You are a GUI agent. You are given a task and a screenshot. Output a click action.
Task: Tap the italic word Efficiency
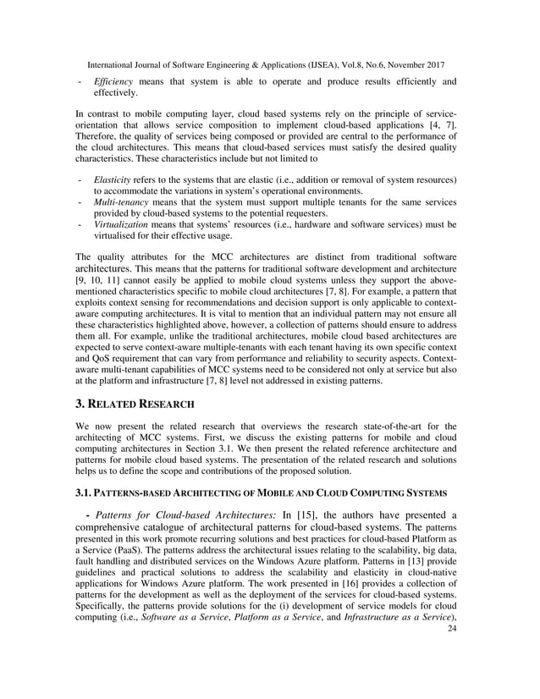coord(113,82)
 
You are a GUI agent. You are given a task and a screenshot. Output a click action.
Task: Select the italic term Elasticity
coord(113,180)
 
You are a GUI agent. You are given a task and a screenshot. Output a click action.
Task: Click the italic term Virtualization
coord(121,225)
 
